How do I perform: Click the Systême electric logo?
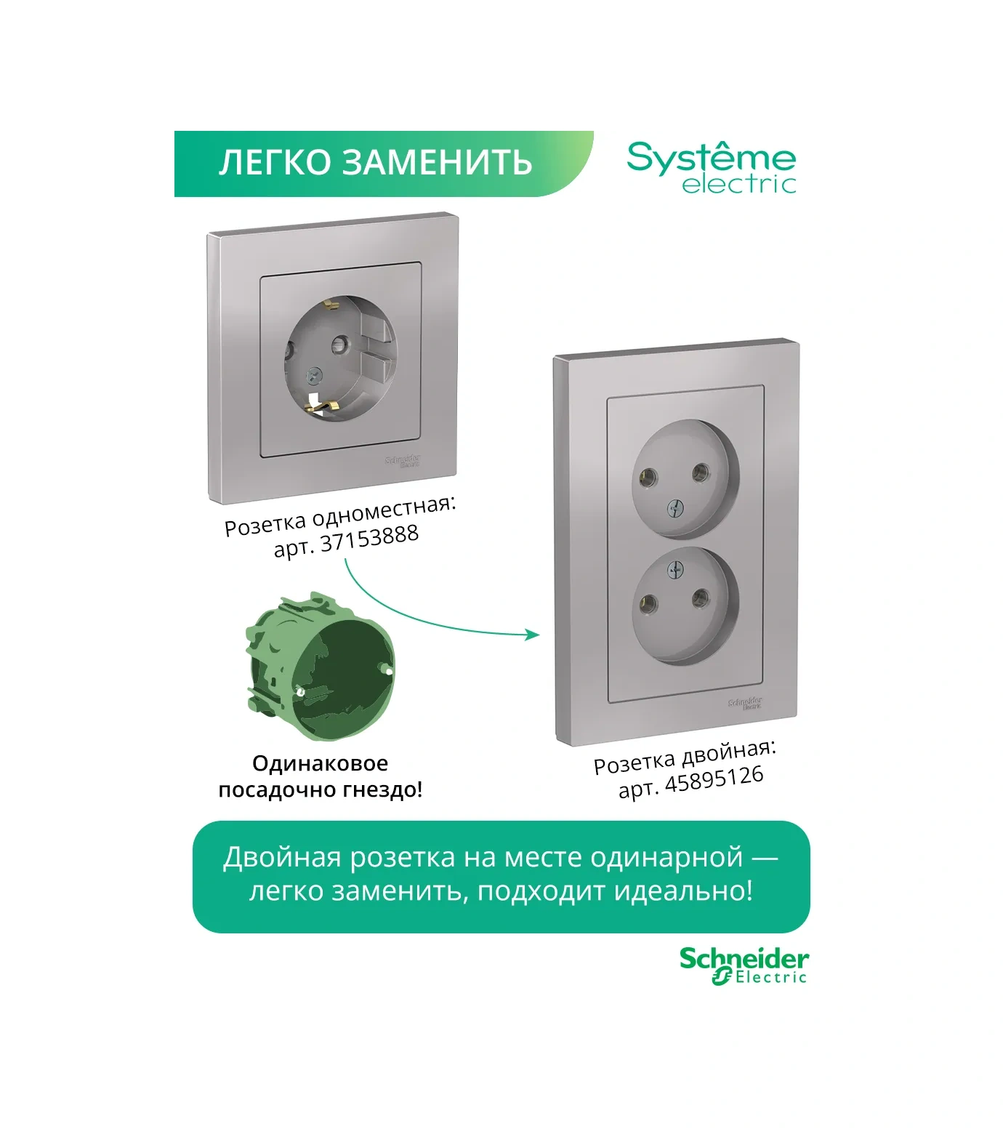(x=712, y=168)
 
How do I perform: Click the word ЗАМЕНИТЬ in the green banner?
(x=438, y=162)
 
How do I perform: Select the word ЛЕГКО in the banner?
(x=275, y=162)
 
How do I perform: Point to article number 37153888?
(x=369, y=539)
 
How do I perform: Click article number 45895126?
(x=714, y=780)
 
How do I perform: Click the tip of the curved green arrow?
(x=538, y=635)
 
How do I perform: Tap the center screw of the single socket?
(x=315, y=375)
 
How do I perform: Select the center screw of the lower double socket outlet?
(x=674, y=570)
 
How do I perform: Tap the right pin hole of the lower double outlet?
(x=701, y=598)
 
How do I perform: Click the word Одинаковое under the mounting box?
(x=320, y=763)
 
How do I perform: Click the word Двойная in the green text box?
(x=281, y=858)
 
